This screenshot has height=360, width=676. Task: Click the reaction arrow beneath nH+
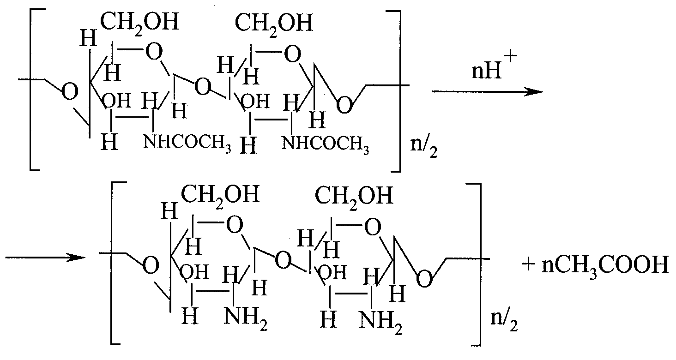pos(488,91)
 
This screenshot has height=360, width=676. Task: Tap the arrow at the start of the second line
pos(46,258)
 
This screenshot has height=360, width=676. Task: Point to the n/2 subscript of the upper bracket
pos(424,147)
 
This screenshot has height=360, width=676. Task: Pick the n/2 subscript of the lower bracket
pos(504,320)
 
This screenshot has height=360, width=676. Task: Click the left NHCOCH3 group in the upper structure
pos(187,143)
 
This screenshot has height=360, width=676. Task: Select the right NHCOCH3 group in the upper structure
pos(326,144)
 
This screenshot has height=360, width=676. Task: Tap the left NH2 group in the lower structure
pos(246,318)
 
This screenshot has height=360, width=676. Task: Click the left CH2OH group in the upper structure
pos(139,23)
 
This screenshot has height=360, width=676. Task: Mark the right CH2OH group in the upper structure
pos(274,24)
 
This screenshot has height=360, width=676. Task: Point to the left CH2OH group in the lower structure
pos(220,195)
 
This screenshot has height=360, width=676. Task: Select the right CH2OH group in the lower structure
pos(354,197)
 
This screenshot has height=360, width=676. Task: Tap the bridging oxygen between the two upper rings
pos(203,87)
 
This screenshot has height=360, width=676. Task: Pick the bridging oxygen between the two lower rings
pos(283,260)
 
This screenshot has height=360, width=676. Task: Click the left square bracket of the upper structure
pos(34,90)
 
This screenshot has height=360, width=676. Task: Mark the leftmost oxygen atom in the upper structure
pos(70,91)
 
